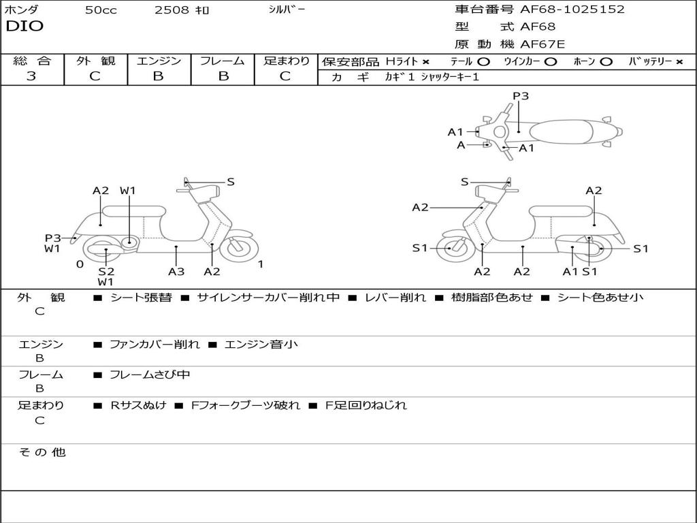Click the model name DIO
click(25, 27)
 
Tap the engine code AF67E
click(542, 45)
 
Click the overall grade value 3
click(31, 76)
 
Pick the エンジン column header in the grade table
click(159, 61)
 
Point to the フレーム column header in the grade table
click(222, 61)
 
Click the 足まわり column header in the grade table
click(286, 61)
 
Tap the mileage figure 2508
click(172, 10)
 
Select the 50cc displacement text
click(101, 10)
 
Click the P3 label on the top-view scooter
click(521, 96)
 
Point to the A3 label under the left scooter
click(176, 272)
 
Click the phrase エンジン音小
click(261, 345)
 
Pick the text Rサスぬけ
click(138, 405)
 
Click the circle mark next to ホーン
click(606, 61)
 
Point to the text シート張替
click(141, 298)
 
